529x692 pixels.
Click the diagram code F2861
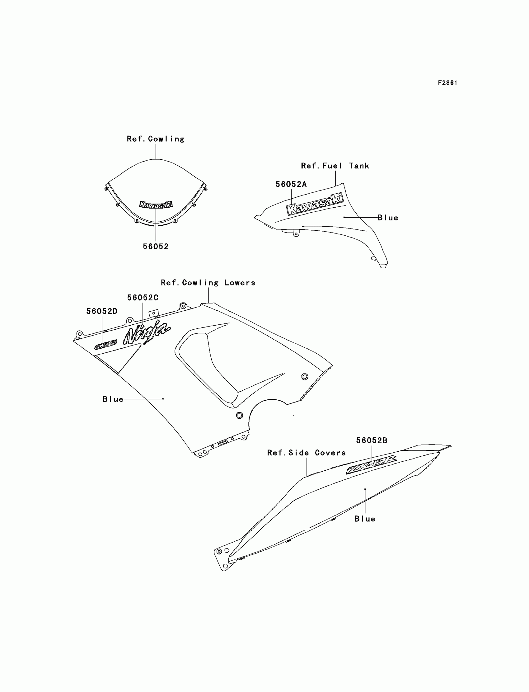tap(447, 83)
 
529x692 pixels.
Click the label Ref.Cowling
tap(156, 139)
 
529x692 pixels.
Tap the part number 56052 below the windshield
tap(156, 246)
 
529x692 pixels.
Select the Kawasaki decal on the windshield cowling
tap(156, 205)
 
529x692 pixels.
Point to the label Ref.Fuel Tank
tap(335, 166)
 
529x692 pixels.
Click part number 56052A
tap(291, 184)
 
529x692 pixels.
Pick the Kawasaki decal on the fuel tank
tap(315, 205)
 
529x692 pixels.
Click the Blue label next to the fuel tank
tap(388, 218)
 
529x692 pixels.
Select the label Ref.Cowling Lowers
tap(208, 283)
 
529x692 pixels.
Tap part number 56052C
tap(143, 298)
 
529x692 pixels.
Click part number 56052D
tap(102, 311)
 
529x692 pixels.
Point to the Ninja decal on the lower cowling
tap(147, 332)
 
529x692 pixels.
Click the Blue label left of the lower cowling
tap(113, 399)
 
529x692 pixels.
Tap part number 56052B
tap(372, 440)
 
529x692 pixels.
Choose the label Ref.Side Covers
tap(307, 453)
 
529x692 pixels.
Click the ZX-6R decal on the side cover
tap(371, 464)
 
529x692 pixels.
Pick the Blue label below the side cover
tap(365, 518)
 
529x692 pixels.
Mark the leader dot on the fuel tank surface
tap(344, 217)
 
